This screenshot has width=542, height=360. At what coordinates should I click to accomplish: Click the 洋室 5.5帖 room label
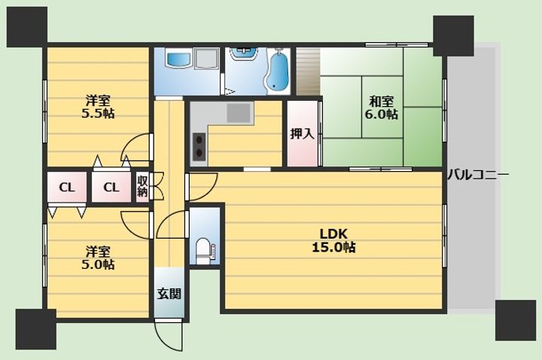coord(98,107)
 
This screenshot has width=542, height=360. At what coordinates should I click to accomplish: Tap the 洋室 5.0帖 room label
coord(98,258)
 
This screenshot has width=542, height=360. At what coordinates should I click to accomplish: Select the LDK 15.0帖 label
coord(333,240)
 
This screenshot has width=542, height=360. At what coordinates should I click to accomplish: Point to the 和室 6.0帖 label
coord(381,108)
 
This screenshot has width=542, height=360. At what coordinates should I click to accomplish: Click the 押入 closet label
coord(302,133)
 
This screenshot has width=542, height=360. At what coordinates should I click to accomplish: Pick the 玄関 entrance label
coord(169,294)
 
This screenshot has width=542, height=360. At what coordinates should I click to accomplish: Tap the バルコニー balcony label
coord(478,175)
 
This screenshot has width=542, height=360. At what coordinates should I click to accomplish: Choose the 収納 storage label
coord(142,186)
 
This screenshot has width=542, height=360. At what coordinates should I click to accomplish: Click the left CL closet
coord(67,188)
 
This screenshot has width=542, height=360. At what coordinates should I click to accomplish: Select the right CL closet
coord(111,188)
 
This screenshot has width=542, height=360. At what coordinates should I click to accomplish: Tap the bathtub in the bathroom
coord(279,72)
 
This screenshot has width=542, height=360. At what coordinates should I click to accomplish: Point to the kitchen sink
coord(239,113)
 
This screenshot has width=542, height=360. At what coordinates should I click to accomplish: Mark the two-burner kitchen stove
coord(199,146)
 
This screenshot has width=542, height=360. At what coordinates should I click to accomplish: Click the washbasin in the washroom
coord(244,53)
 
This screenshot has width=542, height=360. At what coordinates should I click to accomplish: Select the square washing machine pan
coord(207,58)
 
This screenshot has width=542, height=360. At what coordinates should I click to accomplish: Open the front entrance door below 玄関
coord(169,334)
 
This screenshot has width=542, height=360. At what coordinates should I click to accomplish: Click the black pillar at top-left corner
coord(27,27)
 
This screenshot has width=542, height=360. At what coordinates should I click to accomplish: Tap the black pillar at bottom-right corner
coord(516,320)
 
